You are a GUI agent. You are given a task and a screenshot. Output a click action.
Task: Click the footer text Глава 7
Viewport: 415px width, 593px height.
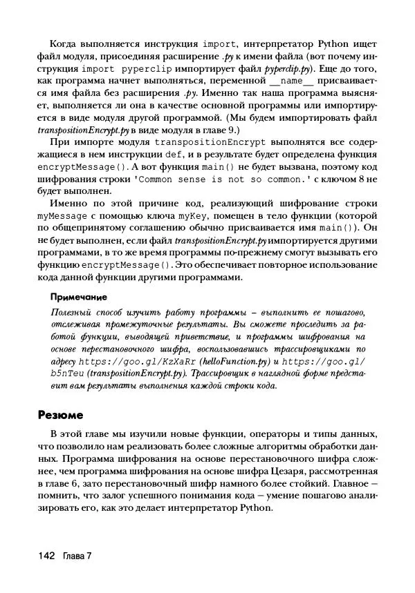pyautogui.click(x=77, y=556)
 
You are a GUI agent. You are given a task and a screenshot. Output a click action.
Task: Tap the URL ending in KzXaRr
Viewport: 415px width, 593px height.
pyautogui.click(x=138, y=361)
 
